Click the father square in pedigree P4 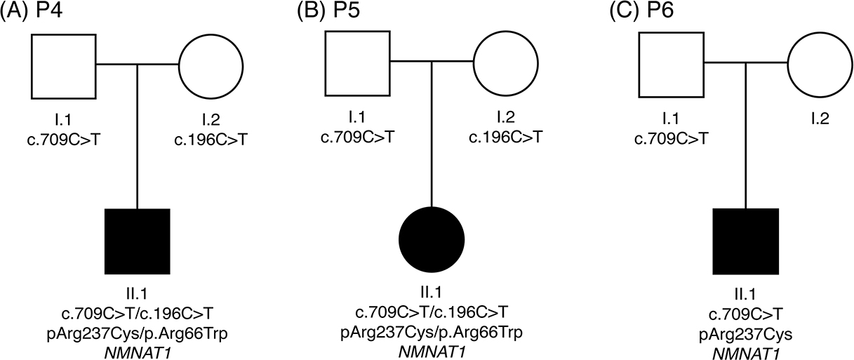point(64,67)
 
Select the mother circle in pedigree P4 point(211,67)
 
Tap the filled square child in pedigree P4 point(138,241)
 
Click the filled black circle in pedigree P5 point(432,239)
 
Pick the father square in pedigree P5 point(358,63)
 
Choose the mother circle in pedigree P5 point(505,63)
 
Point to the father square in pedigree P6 point(672,65)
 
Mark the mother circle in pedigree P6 point(820,65)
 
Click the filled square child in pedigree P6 point(746,241)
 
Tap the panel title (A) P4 point(32,11)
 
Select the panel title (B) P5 point(328,11)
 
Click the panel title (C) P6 point(641,11)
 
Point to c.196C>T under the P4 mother point(211,140)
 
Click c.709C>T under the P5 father point(358,137)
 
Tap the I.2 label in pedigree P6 point(820,119)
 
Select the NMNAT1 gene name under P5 point(432,352)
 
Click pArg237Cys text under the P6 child point(746,335)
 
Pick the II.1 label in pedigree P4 point(138,293)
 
